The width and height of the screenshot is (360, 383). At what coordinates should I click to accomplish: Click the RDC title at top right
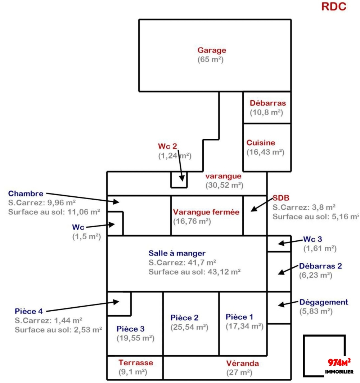[333, 7]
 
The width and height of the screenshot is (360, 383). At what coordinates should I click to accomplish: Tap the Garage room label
[212, 50]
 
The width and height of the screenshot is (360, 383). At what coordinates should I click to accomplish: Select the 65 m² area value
[211, 60]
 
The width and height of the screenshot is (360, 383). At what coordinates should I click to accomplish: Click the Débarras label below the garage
[268, 103]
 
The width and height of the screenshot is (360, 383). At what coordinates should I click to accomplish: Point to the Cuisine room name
[261, 143]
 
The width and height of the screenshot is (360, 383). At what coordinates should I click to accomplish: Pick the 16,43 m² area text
[266, 152]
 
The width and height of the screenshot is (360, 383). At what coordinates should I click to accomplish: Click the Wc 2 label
[167, 147]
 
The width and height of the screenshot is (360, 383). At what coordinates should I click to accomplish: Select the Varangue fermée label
[206, 212]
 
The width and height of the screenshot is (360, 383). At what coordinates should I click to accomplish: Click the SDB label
[281, 198]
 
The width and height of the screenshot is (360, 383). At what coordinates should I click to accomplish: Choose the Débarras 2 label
[320, 266]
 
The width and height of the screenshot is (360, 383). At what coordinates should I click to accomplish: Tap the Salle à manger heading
[177, 253]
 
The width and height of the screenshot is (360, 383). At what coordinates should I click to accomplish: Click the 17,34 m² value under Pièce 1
[245, 326]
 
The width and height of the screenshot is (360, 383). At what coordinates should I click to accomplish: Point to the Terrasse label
[136, 363]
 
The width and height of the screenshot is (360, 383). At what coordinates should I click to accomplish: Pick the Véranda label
[243, 363]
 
